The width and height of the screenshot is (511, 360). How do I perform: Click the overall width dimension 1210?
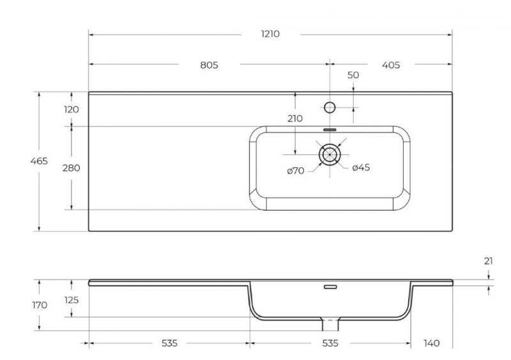[270, 34]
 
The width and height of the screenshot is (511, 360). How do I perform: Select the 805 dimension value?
[209, 65]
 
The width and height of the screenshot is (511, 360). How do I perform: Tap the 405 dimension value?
[391, 65]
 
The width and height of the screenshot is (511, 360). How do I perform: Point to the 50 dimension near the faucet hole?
[353, 75]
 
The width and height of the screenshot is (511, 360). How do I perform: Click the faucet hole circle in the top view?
[330, 107]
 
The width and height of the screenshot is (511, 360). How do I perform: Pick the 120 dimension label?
[72, 109]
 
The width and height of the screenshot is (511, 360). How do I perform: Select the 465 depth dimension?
[39, 161]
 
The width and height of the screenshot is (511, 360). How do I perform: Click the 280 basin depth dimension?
[72, 168]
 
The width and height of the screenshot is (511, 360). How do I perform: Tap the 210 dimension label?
[295, 119]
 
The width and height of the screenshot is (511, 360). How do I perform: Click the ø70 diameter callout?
[296, 170]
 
